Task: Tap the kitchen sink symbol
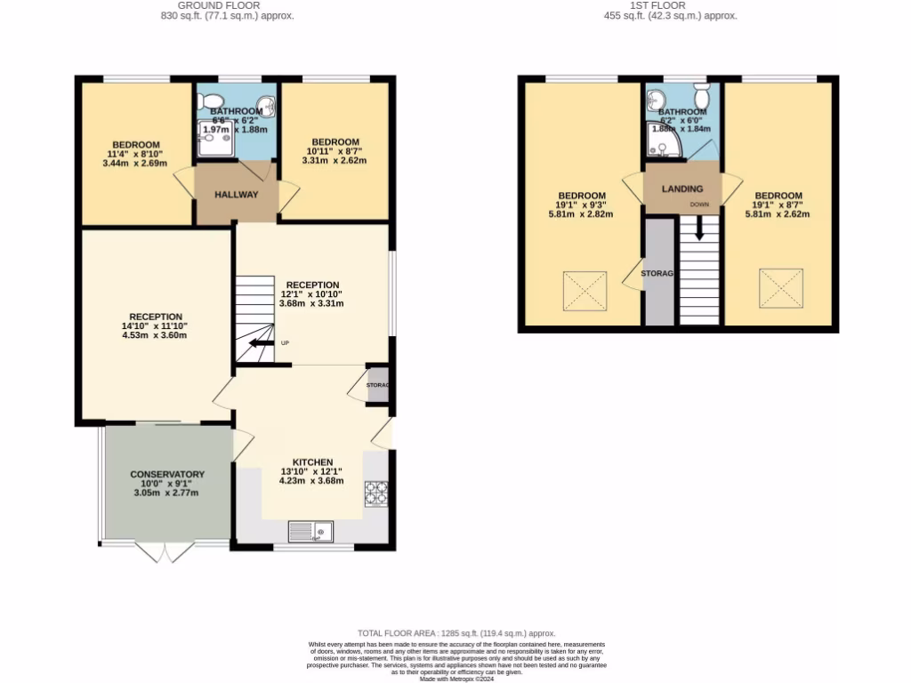coord(310,531)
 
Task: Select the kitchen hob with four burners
coord(376,492)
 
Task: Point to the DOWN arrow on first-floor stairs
coord(699,229)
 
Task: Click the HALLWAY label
coord(236,195)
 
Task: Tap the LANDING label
coord(682,189)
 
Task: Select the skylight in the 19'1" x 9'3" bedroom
coord(585,291)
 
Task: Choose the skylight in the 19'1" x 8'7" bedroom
coord(780,287)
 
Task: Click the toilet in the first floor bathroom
coord(701,95)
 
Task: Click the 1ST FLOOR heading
coord(658,5)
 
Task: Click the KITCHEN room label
coord(312,462)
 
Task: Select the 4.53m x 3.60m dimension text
coord(157,336)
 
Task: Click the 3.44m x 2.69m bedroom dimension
coord(135,164)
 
